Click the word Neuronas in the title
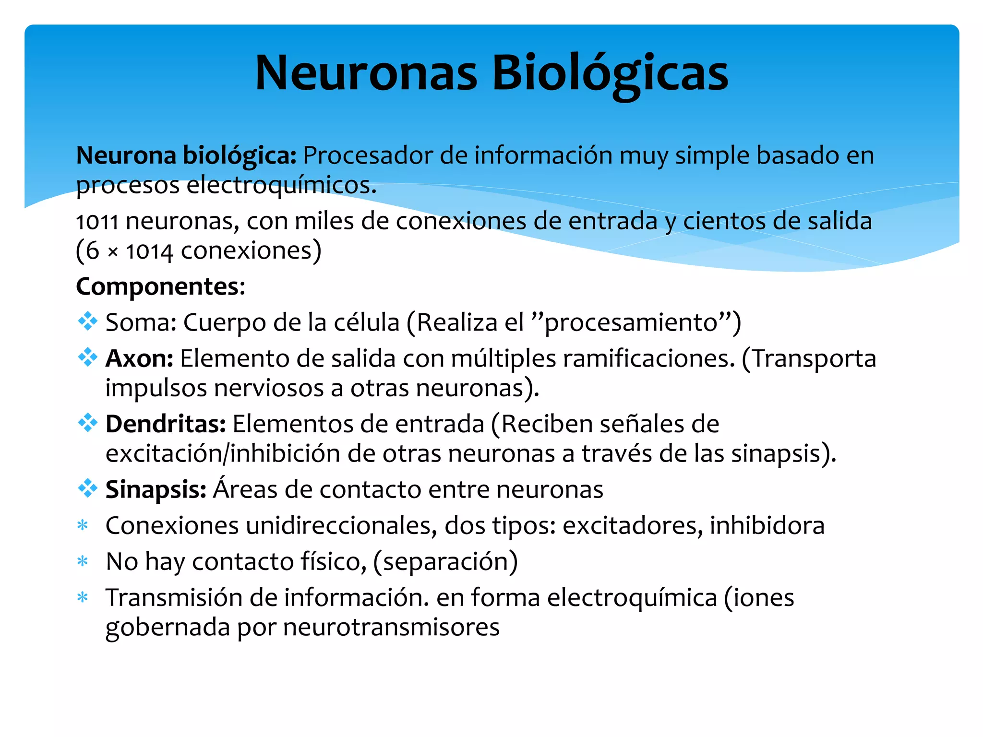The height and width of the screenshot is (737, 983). (x=366, y=73)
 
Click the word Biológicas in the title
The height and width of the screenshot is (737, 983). (x=610, y=73)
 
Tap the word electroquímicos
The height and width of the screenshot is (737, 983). (x=281, y=185)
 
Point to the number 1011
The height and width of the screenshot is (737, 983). (x=97, y=222)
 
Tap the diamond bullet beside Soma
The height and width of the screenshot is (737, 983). (x=87, y=321)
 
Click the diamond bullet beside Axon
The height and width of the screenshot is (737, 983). (x=87, y=357)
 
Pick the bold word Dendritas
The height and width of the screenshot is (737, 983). (x=166, y=424)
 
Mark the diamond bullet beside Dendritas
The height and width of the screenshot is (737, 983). (x=87, y=423)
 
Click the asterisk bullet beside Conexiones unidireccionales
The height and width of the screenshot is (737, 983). (x=83, y=525)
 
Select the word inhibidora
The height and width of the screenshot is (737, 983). (x=767, y=525)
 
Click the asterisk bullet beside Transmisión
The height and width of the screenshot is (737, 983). (x=83, y=597)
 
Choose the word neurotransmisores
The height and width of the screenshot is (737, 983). (x=391, y=627)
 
